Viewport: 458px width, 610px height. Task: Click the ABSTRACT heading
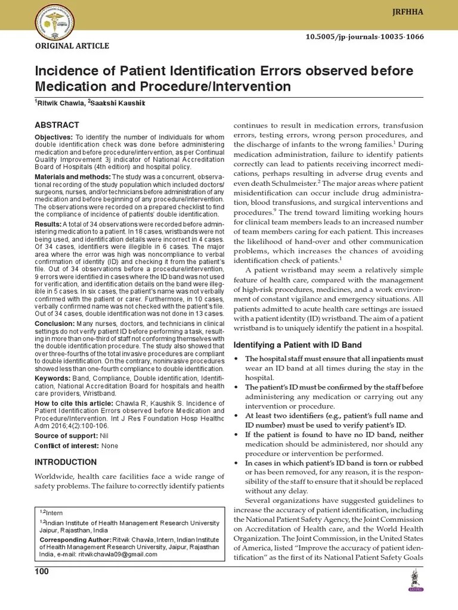point(57,125)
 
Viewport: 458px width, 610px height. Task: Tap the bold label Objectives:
point(54,138)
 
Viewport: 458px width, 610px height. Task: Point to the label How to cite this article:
point(73,403)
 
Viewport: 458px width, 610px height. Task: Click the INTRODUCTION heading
point(65,462)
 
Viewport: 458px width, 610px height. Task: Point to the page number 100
point(41,572)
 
